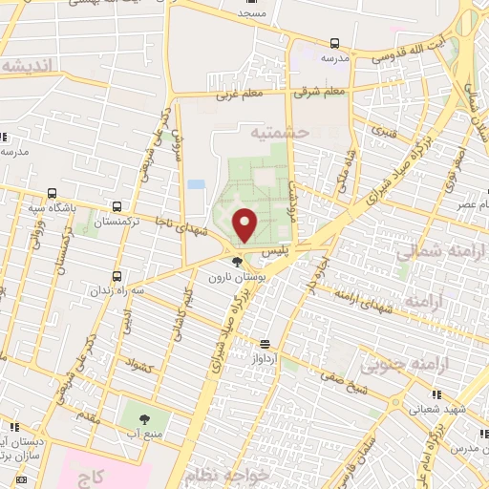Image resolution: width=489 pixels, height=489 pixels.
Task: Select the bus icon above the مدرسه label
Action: click(x=334, y=43)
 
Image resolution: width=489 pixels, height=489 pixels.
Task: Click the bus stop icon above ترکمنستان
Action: click(x=117, y=206)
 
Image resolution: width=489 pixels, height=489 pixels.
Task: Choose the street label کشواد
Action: click(x=138, y=365)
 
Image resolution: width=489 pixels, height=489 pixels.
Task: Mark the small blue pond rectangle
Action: click(x=196, y=183)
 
